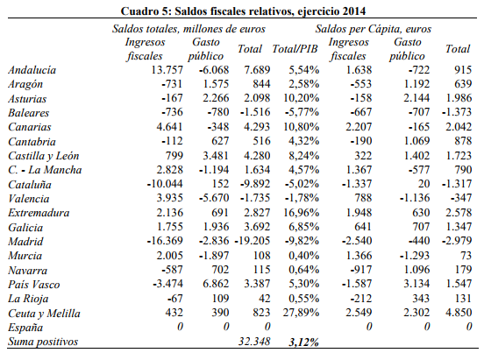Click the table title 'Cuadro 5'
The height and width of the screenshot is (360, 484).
[144, 11]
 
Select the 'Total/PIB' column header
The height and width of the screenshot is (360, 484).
[295, 49]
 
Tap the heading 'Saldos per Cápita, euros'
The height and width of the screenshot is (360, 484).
[373, 29]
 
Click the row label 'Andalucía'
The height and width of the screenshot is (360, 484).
[32, 70]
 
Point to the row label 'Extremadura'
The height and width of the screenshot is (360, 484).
[39, 213]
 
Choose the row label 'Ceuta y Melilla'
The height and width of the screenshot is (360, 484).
[44, 313]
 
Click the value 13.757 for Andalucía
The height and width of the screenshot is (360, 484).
[167, 70]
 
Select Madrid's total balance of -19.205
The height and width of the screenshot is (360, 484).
[253, 241]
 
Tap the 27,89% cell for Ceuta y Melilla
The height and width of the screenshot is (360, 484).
[301, 313]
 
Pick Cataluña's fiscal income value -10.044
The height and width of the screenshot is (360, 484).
[165, 184]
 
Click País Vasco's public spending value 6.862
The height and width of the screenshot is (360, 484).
[216, 284]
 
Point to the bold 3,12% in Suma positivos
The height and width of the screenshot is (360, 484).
[303, 342]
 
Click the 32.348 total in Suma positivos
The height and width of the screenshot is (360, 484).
[254, 342]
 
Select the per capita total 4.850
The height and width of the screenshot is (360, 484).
[459, 313]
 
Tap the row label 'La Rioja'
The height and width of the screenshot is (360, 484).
[28, 299]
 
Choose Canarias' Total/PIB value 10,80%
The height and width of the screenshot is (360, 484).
[301, 127]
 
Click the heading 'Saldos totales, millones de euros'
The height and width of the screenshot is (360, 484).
[189, 29]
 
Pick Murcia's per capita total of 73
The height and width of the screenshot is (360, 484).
[466, 256]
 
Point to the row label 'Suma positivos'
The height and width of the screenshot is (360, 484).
[43, 342]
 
